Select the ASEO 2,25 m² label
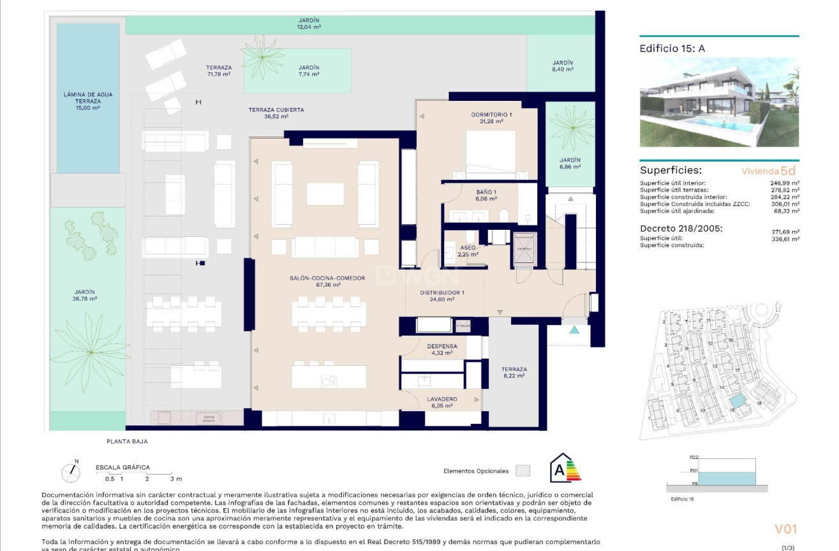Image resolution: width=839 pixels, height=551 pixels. click(x=468, y=250)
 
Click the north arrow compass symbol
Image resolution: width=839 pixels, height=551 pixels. click(x=71, y=472)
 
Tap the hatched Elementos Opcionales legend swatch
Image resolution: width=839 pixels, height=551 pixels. click(x=523, y=471)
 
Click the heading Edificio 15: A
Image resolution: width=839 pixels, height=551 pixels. click(x=672, y=48)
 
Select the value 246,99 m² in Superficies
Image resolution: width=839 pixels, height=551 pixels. click(x=785, y=183)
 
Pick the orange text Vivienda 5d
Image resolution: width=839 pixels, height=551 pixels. click(x=768, y=170)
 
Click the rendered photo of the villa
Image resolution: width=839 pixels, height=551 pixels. click(x=719, y=102)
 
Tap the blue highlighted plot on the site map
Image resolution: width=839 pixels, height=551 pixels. click(x=737, y=401)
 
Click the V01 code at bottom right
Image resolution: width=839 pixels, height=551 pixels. click(x=785, y=529)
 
